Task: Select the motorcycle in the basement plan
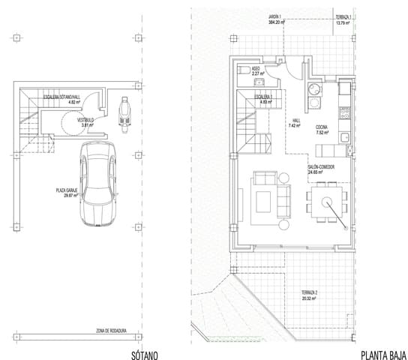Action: coord(124,109)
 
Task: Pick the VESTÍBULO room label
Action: coord(84,120)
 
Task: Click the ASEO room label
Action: coord(256,69)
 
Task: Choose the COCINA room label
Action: coord(320,127)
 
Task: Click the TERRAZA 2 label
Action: coord(310,292)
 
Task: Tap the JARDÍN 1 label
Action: coord(278,16)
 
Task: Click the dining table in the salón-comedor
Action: coord(327,200)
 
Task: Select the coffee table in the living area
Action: coord(263,201)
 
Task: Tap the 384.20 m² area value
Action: coord(278,22)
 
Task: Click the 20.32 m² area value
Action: coord(309,298)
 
